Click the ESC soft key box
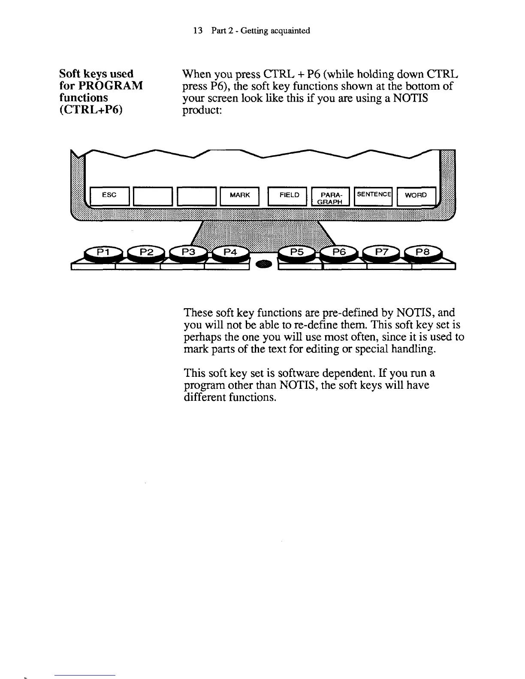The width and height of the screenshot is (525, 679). tap(109, 196)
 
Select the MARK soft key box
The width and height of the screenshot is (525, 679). tap(239, 196)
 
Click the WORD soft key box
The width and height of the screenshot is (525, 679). tap(416, 196)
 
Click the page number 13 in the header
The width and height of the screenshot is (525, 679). tap(198, 31)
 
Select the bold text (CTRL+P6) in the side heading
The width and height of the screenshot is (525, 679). tap(91, 110)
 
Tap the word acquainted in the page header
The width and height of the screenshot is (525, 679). tap(290, 31)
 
